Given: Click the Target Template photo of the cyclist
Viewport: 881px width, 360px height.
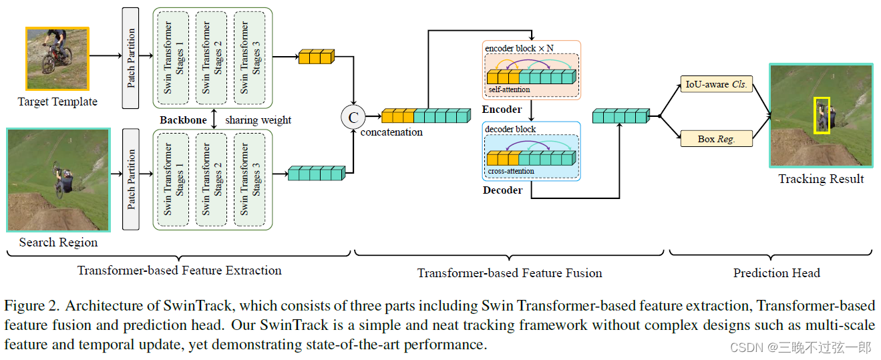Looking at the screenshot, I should point(57,59).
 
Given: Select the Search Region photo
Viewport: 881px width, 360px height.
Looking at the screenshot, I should point(58,180).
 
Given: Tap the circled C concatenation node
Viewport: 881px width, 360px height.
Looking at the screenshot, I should point(353,118).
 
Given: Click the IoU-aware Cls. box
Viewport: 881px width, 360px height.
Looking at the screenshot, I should point(716,85).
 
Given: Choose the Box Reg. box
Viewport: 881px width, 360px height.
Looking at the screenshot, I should point(716,139).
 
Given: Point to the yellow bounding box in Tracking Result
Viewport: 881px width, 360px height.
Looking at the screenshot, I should point(822,115).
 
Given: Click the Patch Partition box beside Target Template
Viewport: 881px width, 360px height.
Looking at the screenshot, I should point(131,58).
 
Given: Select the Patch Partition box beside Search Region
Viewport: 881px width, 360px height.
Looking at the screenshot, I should point(131,179).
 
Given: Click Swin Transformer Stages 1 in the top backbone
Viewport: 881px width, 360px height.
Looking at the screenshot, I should point(174,57).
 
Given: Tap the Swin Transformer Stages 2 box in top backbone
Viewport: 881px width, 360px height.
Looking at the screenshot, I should point(212,57).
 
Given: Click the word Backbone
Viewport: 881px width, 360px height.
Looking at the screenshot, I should point(183,120).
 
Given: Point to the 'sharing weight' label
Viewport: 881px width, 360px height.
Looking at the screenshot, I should point(258,120).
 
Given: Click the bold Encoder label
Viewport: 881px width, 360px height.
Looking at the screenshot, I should point(502,109).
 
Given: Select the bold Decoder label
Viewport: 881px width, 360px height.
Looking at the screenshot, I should point(502,190).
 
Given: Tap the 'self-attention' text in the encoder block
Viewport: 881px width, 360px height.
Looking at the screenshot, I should point(509,89).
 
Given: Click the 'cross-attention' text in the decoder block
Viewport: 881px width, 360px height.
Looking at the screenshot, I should point(511,171).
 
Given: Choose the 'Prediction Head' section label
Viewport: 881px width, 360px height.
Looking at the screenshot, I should point(776,273).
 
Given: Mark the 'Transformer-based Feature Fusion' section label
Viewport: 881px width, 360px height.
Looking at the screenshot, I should point(510,273).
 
